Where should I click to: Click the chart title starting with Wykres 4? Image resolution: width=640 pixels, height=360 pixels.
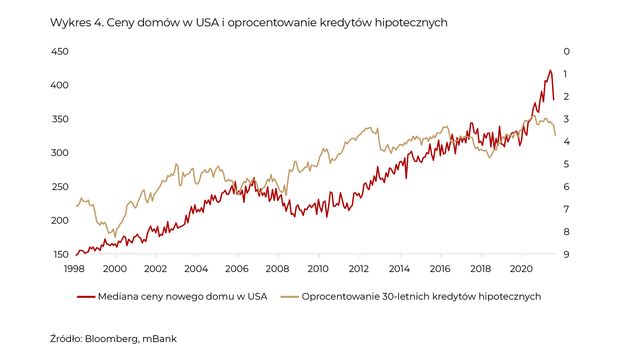point(248,23)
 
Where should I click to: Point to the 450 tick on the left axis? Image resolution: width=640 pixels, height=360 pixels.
point(60,52)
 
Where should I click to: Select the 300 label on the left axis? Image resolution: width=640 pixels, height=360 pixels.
point(60,153)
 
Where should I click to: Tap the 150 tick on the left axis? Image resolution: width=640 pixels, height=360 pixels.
point(61,255)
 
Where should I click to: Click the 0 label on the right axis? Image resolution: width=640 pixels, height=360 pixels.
point(566,52)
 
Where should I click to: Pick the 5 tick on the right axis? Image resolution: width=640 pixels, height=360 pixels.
point(566,164)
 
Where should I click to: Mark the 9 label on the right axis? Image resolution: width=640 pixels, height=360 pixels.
point(566,255)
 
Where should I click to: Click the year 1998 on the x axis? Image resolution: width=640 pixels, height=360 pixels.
point(74,269)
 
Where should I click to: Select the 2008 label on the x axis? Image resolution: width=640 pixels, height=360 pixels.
point(277,269)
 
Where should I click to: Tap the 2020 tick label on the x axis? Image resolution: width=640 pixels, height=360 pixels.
point(521,269)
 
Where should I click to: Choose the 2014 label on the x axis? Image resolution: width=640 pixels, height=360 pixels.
point(399,269)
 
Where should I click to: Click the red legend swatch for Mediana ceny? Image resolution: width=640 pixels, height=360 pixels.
point(86,297)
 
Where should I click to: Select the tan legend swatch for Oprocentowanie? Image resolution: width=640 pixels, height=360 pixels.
point(290,297)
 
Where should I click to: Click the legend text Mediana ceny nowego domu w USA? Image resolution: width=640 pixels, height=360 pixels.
point(182,297)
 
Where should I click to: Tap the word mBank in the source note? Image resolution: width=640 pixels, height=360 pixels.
point(159,339)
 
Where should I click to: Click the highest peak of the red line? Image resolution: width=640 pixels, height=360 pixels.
point(550,70)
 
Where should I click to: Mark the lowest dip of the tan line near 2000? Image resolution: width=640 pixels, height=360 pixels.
point(115,237)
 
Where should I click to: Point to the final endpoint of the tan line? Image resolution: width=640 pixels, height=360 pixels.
point(555,135)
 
